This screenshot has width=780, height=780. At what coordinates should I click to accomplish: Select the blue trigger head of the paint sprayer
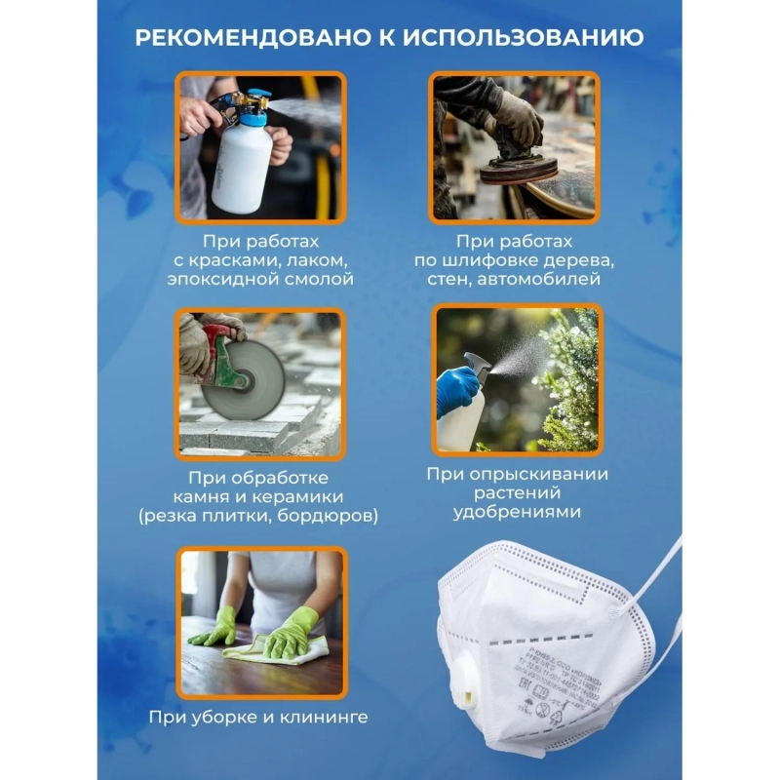pyautogui.click(x=255, y=100)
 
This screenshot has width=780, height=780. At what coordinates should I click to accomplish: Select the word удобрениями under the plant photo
pyautogui.click(x=517, y=512)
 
